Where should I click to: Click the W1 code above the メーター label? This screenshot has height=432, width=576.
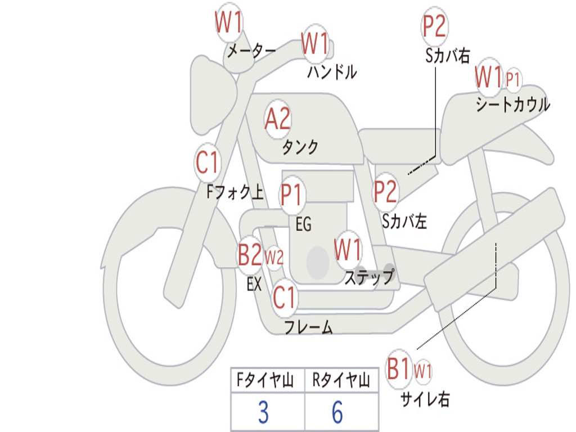[228, 22]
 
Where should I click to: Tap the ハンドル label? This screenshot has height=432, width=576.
[332, 71]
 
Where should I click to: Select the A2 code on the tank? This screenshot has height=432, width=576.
[277, 119]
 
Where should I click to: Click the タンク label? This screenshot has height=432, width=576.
[300, 147]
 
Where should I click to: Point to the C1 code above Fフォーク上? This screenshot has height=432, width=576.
[207, 163]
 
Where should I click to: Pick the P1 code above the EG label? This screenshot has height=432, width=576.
[291, 194]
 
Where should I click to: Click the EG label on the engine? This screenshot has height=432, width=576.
[303, 224]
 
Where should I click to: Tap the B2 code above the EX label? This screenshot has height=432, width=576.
[250, 255]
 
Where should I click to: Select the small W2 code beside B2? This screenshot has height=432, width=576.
[274, 257]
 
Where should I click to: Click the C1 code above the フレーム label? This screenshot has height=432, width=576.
[284, 297]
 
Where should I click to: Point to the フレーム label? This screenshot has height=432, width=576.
[309, 327]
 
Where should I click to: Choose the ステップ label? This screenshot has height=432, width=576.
[369, 276]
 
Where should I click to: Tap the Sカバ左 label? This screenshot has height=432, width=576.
[404, 221]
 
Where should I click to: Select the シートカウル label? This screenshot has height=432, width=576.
[512, 104]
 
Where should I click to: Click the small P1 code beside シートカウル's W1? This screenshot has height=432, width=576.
[513, 79]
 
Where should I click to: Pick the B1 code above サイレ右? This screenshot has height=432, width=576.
[399, 368]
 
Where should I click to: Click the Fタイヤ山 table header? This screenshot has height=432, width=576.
[265, 380]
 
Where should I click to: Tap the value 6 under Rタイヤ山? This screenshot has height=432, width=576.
[337, 412]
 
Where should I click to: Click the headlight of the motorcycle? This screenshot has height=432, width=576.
[214, 96]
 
